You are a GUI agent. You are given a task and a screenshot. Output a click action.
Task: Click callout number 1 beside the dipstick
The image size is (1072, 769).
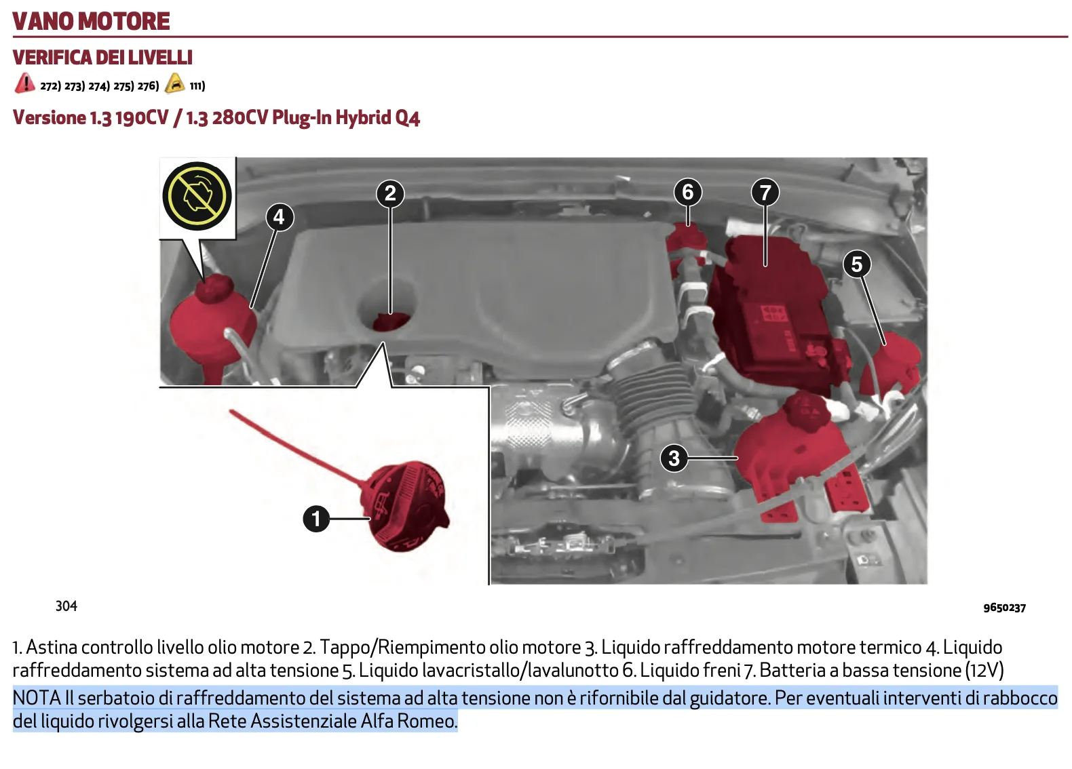315,519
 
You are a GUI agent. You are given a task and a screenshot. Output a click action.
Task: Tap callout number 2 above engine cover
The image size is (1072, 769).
390,193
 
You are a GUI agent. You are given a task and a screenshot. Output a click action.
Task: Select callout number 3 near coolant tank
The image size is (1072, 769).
674,458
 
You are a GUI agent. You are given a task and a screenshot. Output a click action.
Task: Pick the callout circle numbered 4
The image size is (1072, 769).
279,217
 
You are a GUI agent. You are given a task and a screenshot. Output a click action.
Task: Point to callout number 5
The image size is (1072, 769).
857,264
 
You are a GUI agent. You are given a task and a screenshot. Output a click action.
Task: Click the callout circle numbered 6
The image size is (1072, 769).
687,192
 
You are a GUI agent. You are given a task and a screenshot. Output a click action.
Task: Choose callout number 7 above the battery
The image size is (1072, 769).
765,193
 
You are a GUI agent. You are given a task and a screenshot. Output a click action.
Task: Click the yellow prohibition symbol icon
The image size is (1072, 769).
197,195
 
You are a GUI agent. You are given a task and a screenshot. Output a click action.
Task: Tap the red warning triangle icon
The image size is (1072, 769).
24,83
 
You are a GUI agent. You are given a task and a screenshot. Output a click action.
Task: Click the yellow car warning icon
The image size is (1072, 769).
175,83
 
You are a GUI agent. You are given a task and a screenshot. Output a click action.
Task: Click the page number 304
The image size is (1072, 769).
66,606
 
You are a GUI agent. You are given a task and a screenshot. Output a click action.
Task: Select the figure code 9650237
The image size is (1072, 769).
1004,608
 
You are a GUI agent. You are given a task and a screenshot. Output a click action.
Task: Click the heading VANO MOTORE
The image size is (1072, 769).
91,21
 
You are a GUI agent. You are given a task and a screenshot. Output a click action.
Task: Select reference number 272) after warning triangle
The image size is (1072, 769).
50,86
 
